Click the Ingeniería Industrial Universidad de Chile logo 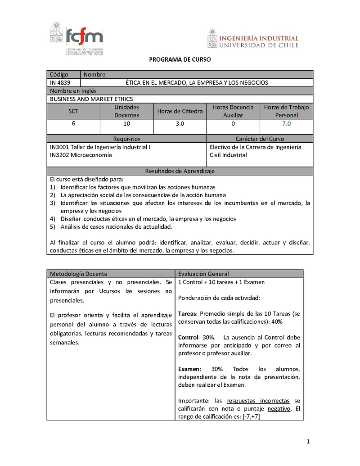tap(253, 39)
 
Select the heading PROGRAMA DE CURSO tap(180, 59)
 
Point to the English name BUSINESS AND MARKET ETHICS tap(91, 99)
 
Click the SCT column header tap(73, 111)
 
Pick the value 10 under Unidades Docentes tap(126, 123)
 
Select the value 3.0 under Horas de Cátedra tap(180, 123)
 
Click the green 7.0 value tap(286, 123)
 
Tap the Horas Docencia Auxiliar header tap(233, 111)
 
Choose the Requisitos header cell tap(126, 139)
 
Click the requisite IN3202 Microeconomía tap(81, 155)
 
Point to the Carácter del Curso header tap(260, 139)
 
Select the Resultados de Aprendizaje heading tap(180, 171)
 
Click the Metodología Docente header tap(79, 274)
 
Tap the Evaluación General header tap(203, 274)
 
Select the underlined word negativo tap(279, 409)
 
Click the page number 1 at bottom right tap(308, 441)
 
